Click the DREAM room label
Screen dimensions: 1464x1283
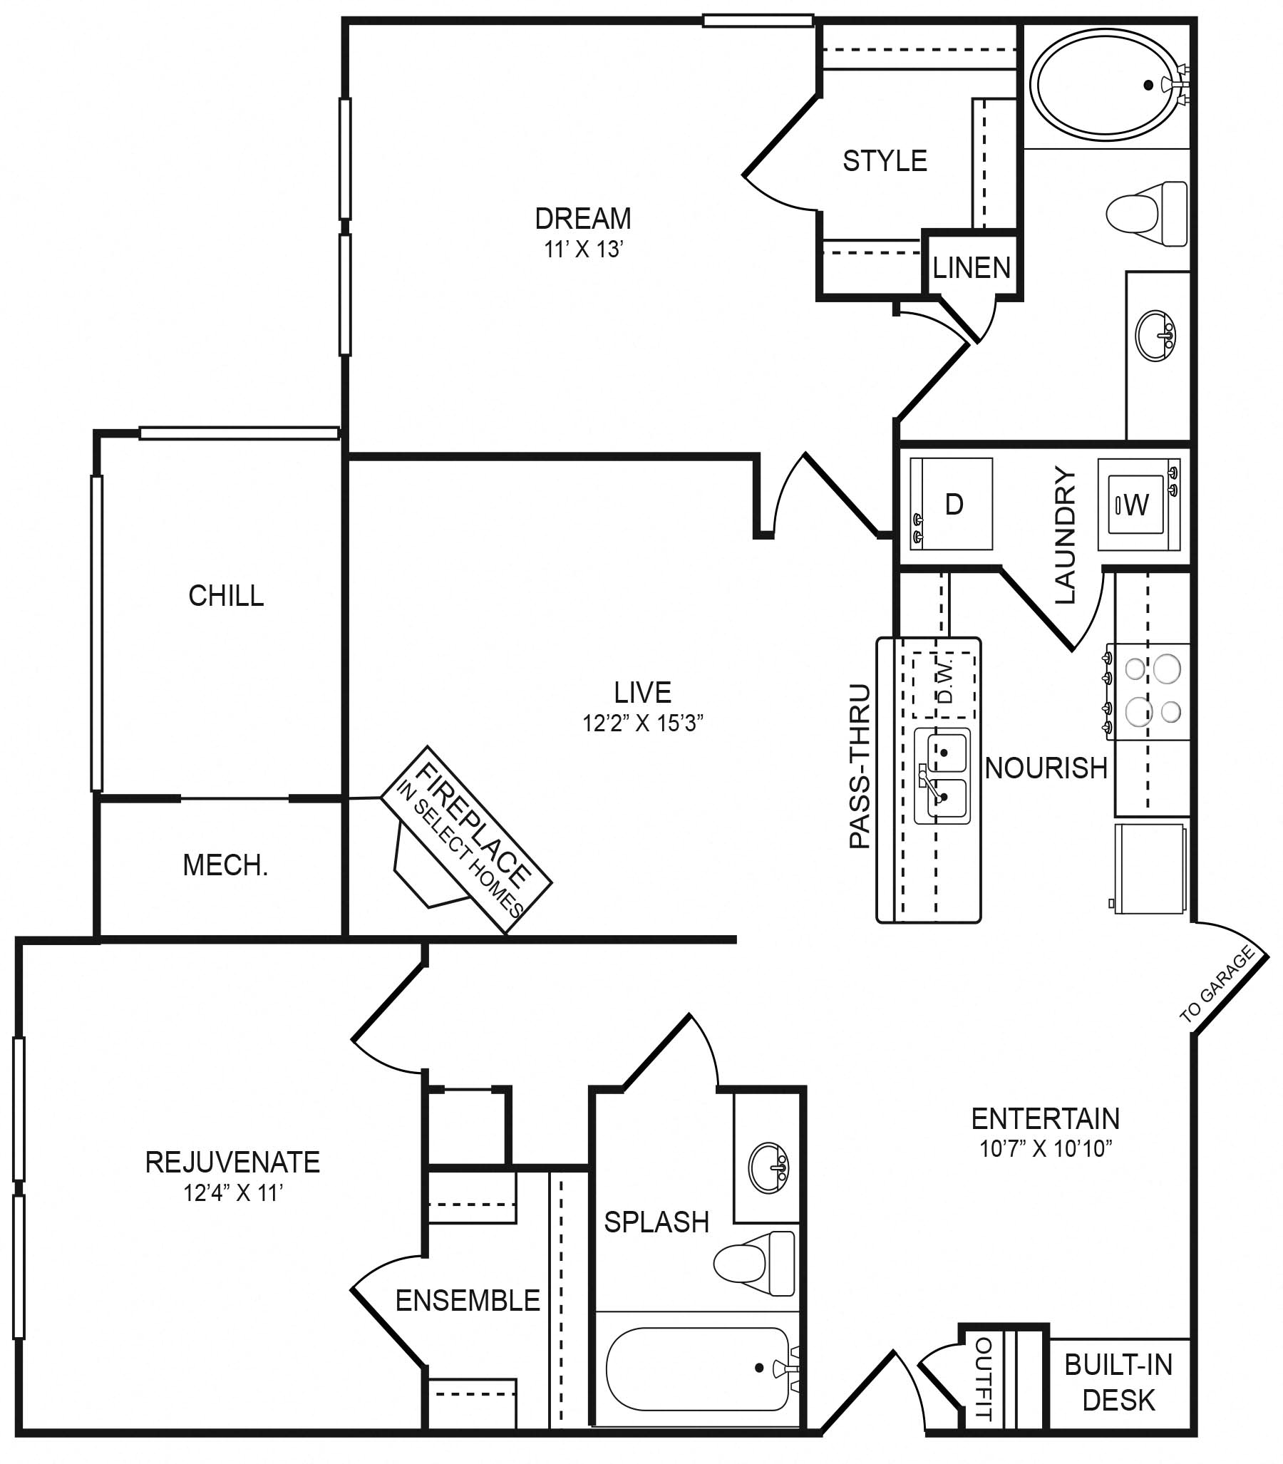click(583, 218)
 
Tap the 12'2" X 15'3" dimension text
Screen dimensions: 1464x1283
click(642, 723)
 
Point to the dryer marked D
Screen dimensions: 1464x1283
click(952, 505)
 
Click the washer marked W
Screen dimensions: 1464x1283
click(1137, 505)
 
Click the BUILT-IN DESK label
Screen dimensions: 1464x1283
click(1118, 1382)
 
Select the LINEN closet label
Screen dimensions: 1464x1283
click(971, 269)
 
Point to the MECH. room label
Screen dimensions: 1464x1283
click(225, 865)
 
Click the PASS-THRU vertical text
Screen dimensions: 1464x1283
click(859, 767)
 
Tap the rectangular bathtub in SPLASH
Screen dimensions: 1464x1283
click(696, 1369)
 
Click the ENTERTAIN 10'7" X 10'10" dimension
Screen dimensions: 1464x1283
click(1045, 1149)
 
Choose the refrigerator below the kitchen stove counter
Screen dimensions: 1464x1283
click(1150, 869)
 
